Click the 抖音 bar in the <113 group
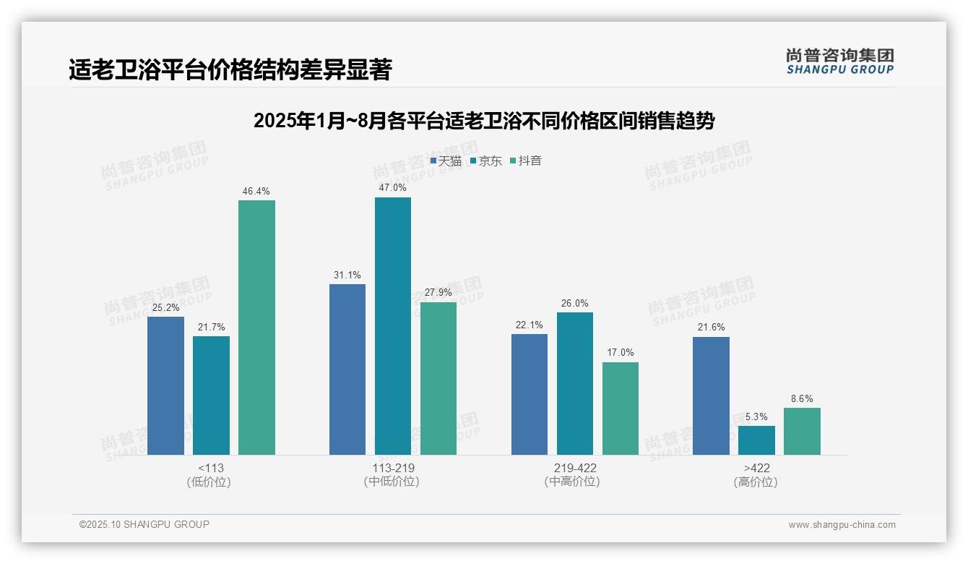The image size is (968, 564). [256, 328]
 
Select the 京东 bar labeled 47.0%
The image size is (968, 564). [392, 326]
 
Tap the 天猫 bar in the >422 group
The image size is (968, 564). [711, 396]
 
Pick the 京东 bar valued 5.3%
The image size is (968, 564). [756, 440]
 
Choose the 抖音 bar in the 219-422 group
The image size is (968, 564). [621, 409]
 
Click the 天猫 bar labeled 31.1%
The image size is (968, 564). [347, 369]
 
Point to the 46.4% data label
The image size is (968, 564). [256, 192]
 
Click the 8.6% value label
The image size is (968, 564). [802, 398]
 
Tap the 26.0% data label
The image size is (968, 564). [574, 304]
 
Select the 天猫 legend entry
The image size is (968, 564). [446, 161]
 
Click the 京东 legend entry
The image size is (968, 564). [485, 161]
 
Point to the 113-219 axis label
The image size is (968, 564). [392, 468]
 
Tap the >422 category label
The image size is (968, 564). [756, 468]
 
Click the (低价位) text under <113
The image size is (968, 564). [209, 482]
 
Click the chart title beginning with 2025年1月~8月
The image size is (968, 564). [484, 121]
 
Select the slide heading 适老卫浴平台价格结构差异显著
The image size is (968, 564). [230, 70]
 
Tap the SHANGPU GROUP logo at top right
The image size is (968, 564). [839, 61]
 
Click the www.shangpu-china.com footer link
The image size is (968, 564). [842, 525]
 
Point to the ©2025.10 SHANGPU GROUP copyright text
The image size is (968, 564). [144, 524]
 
